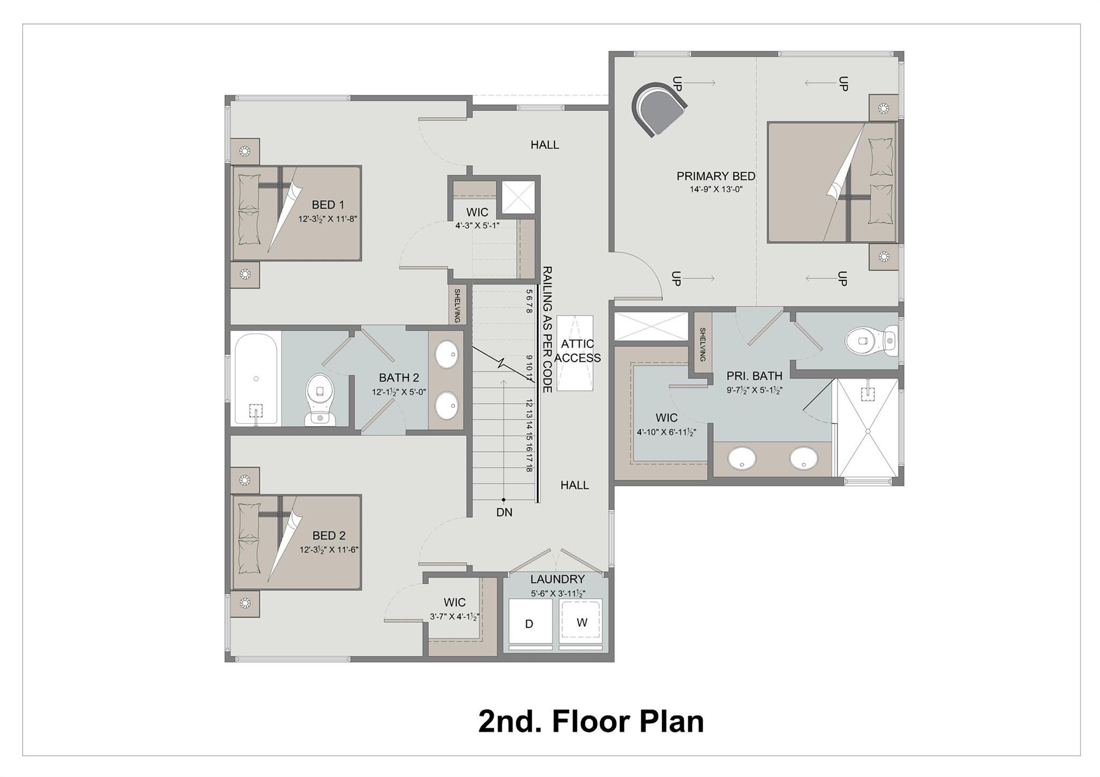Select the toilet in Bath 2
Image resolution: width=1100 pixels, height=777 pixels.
pos(320,400)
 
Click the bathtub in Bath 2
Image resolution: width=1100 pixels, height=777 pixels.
pos(256,378)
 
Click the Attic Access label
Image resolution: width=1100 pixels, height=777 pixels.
pos(577,351)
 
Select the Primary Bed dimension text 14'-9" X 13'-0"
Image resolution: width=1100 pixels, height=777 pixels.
pos(716,189)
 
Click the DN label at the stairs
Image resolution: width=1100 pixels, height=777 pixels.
pos(504,513)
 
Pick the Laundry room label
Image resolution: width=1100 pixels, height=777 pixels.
pos(557,579)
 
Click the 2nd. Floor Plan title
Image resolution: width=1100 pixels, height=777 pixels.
pos(591,721)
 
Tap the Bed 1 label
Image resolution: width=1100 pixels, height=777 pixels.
pos(328,205)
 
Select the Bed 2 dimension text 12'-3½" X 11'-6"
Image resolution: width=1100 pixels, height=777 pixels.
pos(329,550)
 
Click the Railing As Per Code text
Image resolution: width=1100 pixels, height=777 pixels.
pos(547,329)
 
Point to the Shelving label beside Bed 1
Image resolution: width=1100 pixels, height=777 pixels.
pos(457,306)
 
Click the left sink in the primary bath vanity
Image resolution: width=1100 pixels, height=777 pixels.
pos(742,458)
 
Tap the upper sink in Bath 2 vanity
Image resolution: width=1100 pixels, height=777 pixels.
pos(446,355)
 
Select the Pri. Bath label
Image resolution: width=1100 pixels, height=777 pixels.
pos(754,376)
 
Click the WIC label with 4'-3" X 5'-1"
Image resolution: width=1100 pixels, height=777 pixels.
pos(477,212)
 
